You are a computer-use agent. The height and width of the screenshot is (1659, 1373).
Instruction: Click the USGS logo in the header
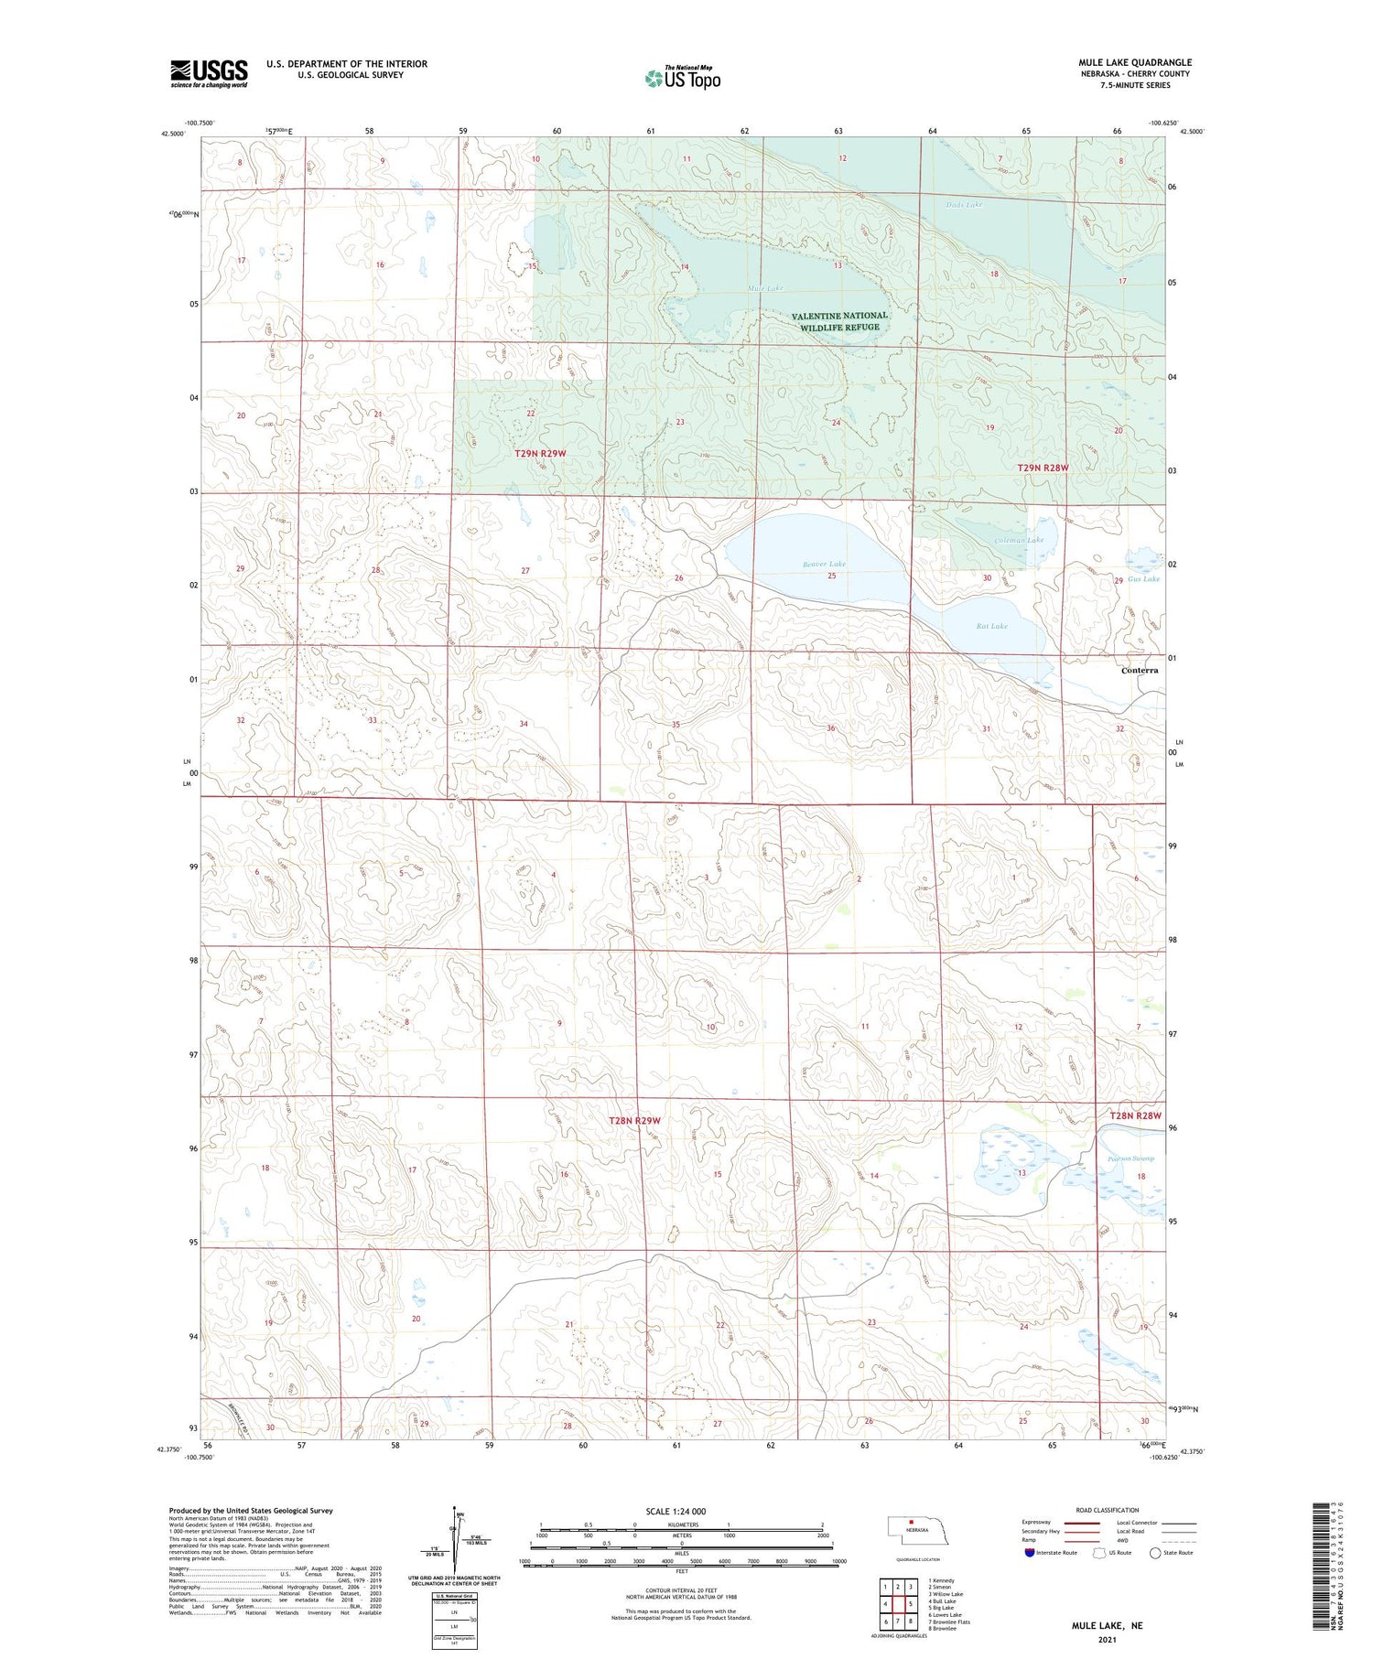(x=209, y=73)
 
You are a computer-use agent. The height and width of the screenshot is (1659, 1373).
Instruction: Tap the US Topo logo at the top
(x=682, y=78)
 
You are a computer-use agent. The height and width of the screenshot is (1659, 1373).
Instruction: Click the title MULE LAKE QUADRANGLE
(x=1134, y=62)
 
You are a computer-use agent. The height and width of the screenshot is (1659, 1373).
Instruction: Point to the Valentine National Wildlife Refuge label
(x=839, y=321)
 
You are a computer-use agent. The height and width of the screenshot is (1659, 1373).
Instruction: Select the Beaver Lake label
(x=824, y=565)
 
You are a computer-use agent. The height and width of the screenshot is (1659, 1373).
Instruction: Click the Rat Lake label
(x=991, y=626)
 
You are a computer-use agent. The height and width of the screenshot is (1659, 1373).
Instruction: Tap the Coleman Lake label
(x=1019, y=540)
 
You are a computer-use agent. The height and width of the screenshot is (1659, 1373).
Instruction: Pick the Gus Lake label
(x=1143, y=578)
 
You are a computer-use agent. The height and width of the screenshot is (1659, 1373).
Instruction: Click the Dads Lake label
(x=964, y=205)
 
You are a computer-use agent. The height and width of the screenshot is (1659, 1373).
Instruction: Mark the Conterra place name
(x=1140, y=670)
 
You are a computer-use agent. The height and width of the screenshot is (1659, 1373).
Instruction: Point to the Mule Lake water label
(x=765, y=288)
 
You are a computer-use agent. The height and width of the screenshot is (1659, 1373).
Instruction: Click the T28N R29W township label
(x=634, y=1120)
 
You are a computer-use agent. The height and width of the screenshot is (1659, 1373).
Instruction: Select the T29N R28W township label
(x=1043, y=468)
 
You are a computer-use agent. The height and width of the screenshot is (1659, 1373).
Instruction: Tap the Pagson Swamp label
(x=1130, y=1158)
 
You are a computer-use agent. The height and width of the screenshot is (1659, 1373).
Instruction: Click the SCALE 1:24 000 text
(x=676, y=1511)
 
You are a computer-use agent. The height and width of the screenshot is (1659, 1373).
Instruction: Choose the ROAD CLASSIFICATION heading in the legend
(x=1108, y=1510)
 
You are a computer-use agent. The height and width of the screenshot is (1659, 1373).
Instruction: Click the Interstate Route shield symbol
(x=1029, y=1553)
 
